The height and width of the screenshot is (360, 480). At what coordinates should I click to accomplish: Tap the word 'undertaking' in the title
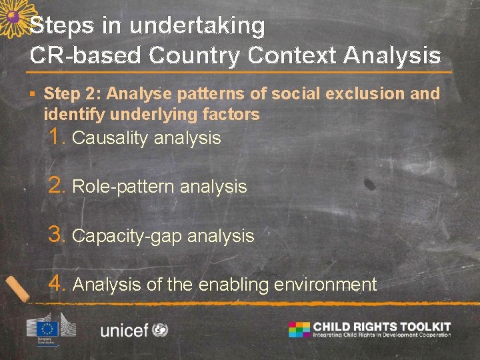tap(197, 26)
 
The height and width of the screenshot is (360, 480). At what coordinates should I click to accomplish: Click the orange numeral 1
tap(56, 137)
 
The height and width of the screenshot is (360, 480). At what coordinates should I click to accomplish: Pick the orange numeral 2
tap(56, 186)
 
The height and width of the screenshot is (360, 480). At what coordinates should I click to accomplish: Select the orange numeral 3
tap(56, 235)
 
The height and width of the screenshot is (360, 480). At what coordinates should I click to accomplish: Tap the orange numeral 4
tap(56, 284)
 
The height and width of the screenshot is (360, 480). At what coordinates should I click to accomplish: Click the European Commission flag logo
tap(47, 329)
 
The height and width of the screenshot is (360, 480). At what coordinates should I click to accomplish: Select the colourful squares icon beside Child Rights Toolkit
tap(299, 329)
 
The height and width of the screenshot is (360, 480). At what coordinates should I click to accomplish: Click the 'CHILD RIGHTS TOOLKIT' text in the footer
tap(381, 327)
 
